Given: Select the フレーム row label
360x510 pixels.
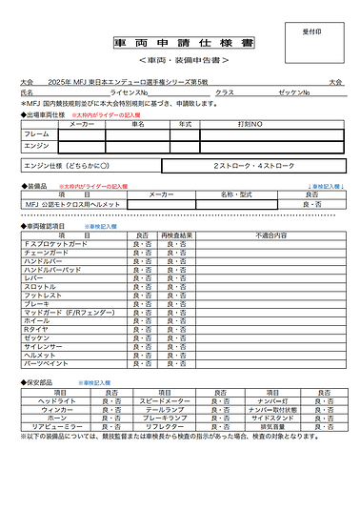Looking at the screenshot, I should (x=36, y=134).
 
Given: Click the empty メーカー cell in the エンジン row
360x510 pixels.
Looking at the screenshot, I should (x=82, y=146).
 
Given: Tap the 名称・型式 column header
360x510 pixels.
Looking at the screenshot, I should (x=233, y=194).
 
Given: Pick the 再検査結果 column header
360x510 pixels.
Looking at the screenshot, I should (x=178, y=235).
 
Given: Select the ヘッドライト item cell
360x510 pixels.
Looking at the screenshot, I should (x=57, y=400).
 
